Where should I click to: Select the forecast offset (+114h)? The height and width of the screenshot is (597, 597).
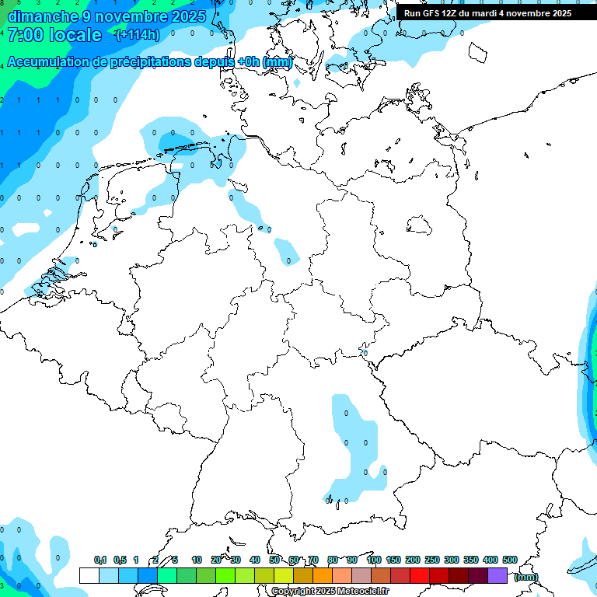[x=138, y=35]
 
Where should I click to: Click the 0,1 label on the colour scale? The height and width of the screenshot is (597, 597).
[x=100, y=560]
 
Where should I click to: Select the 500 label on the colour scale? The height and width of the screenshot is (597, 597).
[x=509, y=560]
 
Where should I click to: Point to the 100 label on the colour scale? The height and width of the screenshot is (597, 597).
[x=373, y=560]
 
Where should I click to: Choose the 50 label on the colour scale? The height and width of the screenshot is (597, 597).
[x=274, y=560]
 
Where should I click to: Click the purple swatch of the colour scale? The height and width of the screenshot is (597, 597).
[x=497, y=575]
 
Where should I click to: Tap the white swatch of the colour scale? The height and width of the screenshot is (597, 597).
[x=89, y=575]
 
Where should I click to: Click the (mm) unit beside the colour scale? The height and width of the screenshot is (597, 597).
[x=526, y=576]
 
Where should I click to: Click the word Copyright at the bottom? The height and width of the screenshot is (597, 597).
[x=293, y=592]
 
